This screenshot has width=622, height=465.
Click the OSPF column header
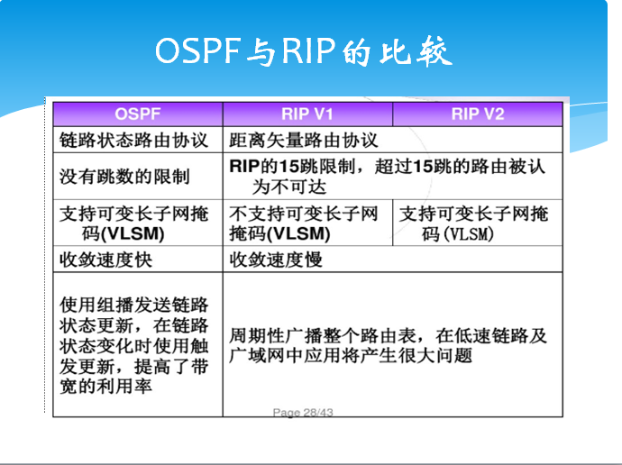[137, 114]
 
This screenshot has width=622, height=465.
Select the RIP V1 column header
[307, 114]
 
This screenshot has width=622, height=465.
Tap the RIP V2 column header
[477, 114]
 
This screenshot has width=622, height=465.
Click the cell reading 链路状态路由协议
[133, 141]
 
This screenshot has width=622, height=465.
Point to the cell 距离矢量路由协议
[304, 141]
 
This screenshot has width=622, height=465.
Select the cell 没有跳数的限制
[118, 177]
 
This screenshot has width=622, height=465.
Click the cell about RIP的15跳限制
[388, 177]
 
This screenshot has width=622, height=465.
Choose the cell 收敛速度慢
[276, 260]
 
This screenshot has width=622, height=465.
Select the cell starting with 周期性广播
[388, 345]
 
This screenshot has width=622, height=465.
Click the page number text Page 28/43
[303, 413]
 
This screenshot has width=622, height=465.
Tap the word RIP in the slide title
[309, 51]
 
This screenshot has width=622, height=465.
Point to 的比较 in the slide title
[398, 51]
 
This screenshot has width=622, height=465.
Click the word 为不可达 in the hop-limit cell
[288, 187]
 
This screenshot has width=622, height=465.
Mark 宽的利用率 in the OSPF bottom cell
[105, 387]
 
